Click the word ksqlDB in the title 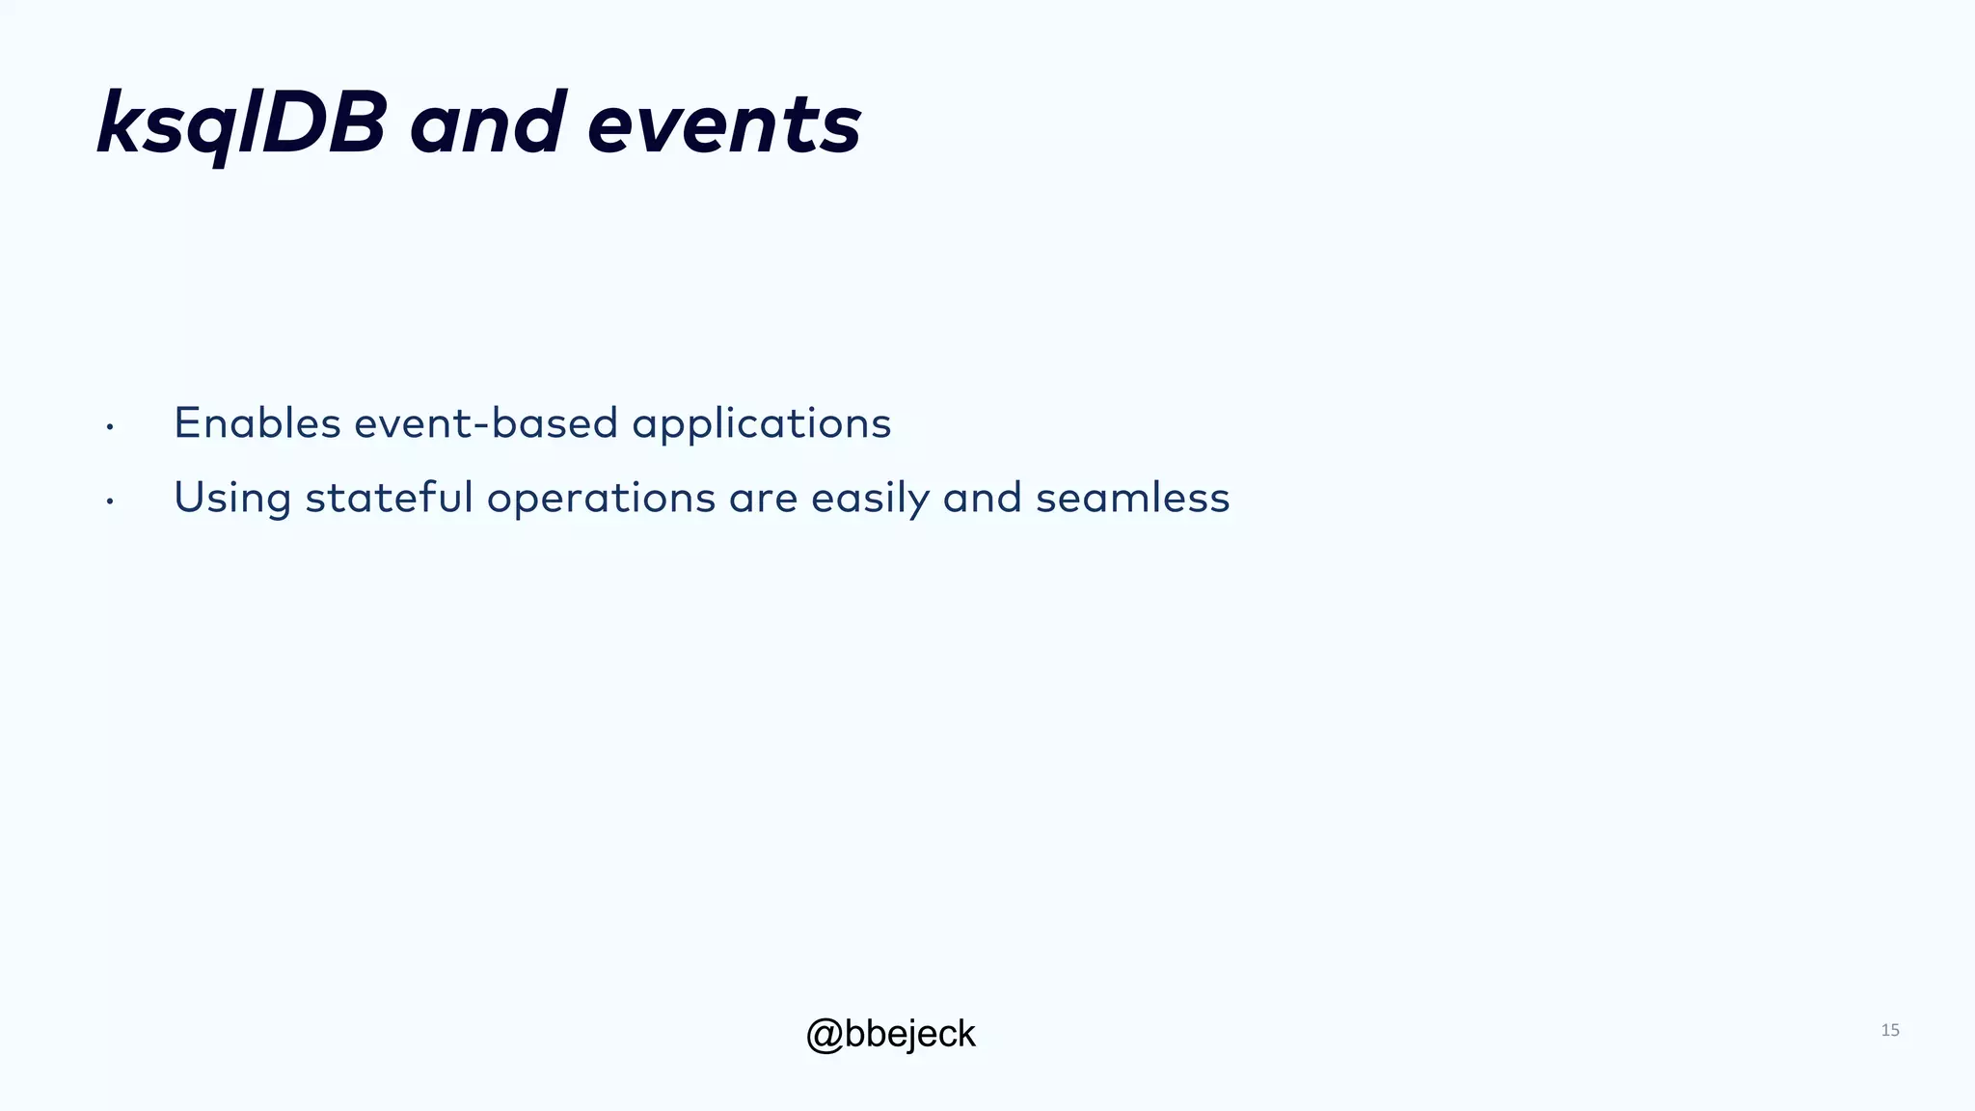[241, 123]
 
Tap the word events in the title [724, 123]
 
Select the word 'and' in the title [487, 123]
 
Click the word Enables [257, 423]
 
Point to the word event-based [486, 423]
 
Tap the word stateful [389, 498]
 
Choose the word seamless [1132, 498]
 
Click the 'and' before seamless [982, 498]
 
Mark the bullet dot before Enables [110, 426]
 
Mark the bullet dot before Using [110, 501]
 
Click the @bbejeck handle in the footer [890, 1034]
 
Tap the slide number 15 [1889, 1030]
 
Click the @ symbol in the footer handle [825, 1035]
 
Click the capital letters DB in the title [324, 123]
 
